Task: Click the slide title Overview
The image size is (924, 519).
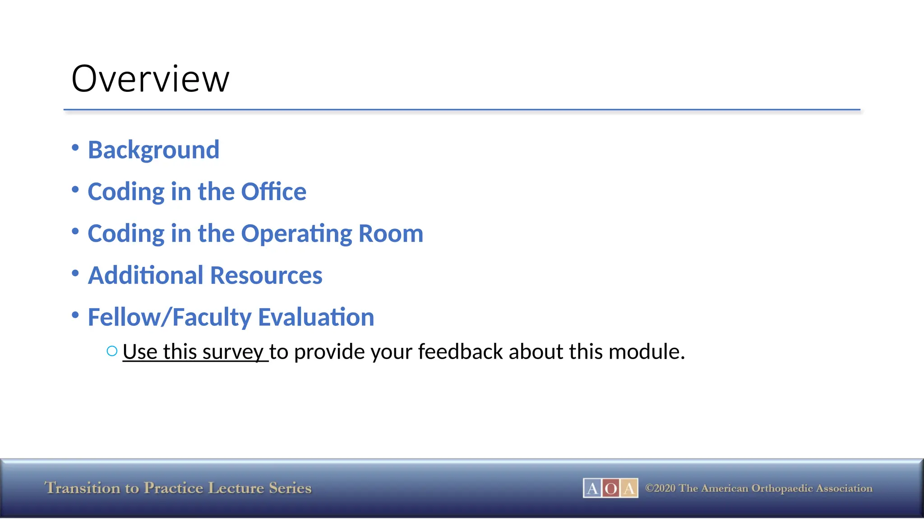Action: click(150, 79)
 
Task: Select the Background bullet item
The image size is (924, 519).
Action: click(153, 150)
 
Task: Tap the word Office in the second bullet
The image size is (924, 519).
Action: click(273, 191)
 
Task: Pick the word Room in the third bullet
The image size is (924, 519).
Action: click(391, 233)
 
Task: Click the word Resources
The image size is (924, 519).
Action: click(266, 275)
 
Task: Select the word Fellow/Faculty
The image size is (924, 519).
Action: click(170, 317)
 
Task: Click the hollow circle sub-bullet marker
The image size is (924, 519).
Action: click(112, 351)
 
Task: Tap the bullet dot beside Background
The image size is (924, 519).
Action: click(75, 147)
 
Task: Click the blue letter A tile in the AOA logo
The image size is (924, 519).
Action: click(592, 488)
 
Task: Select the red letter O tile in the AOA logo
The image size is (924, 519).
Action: click(611, 488)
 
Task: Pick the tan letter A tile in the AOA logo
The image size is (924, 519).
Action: click(629, 488)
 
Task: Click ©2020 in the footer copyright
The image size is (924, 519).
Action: click(660, 488)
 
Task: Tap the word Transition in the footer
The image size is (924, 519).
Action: click(83, 488)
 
